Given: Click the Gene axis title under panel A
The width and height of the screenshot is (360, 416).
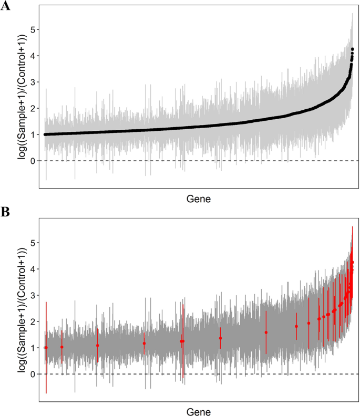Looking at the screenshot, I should (199, 199).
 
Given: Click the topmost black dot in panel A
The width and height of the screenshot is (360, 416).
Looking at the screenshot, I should (352, 49).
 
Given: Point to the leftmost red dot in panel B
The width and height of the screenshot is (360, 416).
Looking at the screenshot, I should (46, 348).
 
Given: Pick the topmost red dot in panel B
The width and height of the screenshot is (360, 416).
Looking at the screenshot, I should (352, 262).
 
